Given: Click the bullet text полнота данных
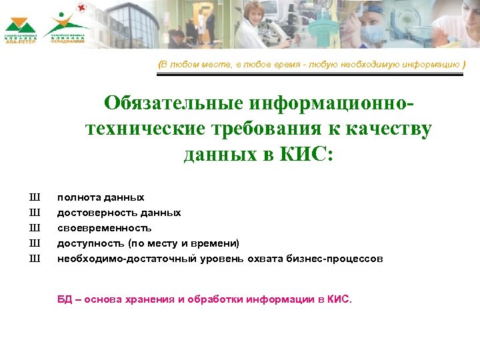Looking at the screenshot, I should pos(100,197).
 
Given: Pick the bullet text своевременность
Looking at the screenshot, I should pos(99,228).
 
